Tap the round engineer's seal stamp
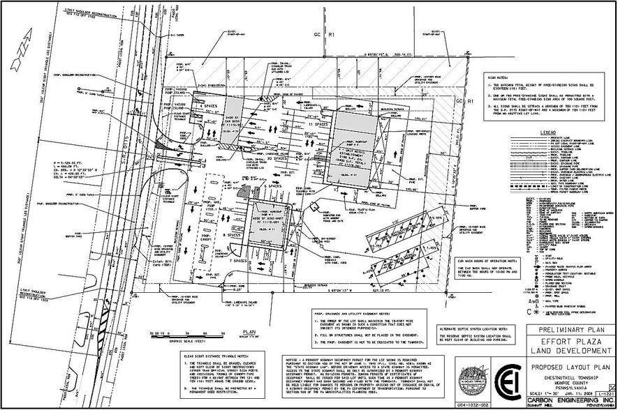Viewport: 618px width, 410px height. pyautogui.click(x=472, y=381)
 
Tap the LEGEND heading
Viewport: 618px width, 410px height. pyautogui.click(x=547, y=132)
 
